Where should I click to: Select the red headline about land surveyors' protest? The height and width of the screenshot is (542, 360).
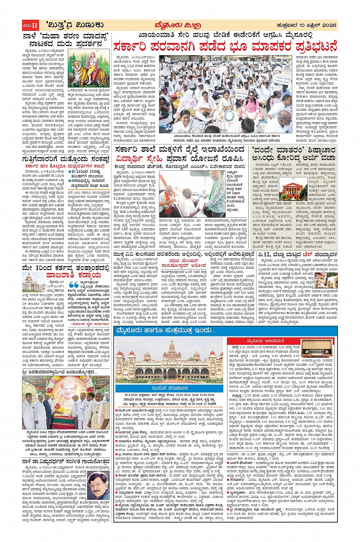point(225,47)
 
